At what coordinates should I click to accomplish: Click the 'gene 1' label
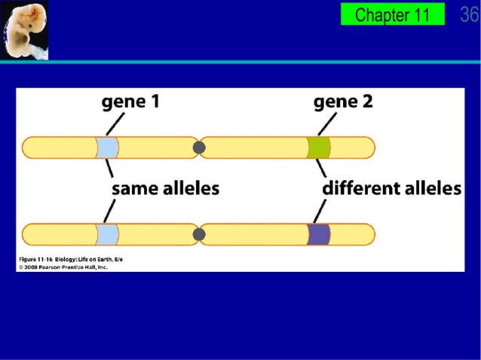(130, 102)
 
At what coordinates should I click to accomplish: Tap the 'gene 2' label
(343, 102)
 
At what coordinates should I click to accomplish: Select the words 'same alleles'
(165, 189)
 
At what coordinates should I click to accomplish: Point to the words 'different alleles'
(391, 189)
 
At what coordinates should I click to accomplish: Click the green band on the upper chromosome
(318, 148)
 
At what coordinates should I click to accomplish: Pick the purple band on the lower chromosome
(318, 234)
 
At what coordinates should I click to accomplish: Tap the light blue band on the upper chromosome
(107, 148)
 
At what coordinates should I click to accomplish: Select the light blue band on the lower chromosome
(107, 234)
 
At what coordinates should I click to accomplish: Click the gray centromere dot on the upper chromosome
(199, 148)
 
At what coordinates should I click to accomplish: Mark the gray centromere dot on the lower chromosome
(199, 234)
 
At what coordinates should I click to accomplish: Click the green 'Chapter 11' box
(392, 14)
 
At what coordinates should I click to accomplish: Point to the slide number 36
(469, 14)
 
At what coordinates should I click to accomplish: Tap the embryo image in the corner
(23, 30)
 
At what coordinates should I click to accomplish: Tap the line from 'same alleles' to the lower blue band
(110, 212)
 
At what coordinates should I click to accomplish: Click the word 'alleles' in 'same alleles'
(189, 189)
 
